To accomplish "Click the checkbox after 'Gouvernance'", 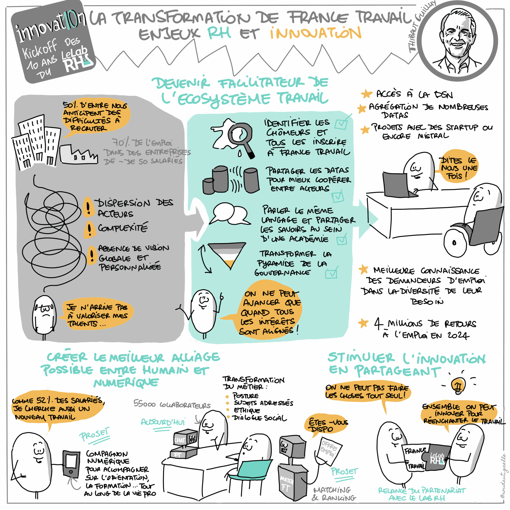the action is tap(331, 273).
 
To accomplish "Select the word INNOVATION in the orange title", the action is tap(315, 33).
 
